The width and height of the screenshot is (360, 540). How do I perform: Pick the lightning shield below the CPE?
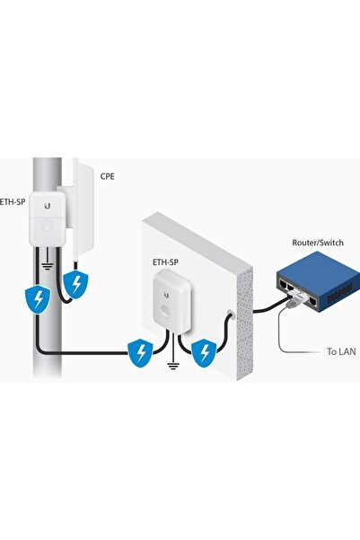(78, 286)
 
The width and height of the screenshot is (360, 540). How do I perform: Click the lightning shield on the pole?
(37, 299)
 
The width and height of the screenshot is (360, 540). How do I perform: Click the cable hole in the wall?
(232, 315)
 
